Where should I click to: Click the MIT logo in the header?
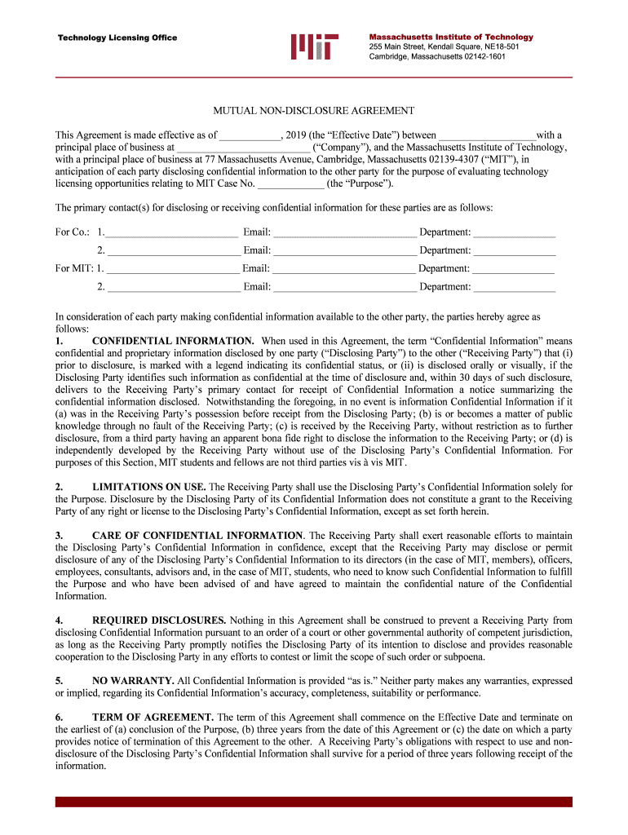click(x=314, y=47)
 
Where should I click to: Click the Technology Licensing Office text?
click(x=116, y=38)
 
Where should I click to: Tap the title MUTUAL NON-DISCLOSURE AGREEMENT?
click(x=314, y=110)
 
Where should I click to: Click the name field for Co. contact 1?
click(x=171, y=233)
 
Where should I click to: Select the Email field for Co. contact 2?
click(x=344, y=251)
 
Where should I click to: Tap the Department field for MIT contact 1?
click(x=514, y=269)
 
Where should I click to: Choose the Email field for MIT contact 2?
click(x=344, y=287)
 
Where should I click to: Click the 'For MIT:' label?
click(x=74, y=268)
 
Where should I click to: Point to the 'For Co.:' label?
click(x=72, y=232)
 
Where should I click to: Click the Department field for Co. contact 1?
click(x=514, y=233)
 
